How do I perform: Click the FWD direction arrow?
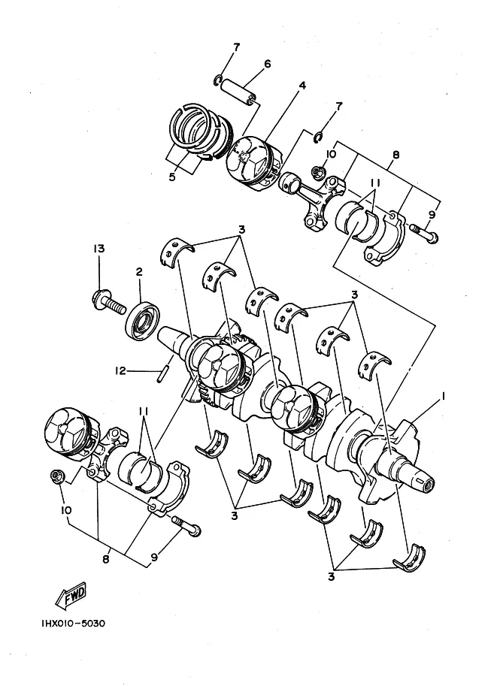click(x=71, y=595)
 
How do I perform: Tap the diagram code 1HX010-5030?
click(x=74, y=624)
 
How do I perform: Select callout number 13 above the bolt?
click(x=99, y=249)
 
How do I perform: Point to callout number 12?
click(x=120, y=371)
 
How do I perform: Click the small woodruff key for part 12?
click(x=162, y=375)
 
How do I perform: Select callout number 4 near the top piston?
click(x=302, y=85)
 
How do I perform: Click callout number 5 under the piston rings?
click(x=172, y=177)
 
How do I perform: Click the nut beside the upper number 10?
click(x=318, y=172)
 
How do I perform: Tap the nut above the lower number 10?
click(x=57, y=477)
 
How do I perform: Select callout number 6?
click(x=267, y=64)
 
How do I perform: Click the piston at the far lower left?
click(x=70, y=432)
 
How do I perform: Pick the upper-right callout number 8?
click(x=396, y=155)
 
